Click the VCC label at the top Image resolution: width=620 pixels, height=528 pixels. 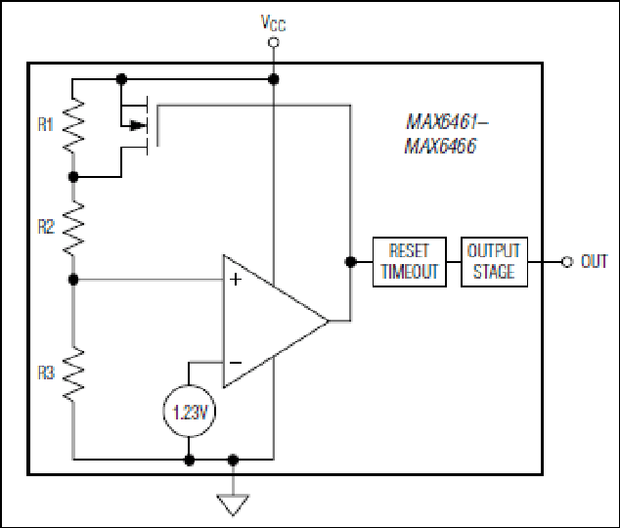[273, 22]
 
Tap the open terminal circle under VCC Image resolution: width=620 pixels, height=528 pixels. [273, 42]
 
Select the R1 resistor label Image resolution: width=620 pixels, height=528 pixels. [45, 124]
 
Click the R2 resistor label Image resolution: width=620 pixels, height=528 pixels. [46, 227]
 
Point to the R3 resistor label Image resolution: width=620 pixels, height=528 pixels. [46, 373]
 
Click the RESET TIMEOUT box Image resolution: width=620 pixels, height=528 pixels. [410, 262]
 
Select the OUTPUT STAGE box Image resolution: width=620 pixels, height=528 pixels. [494, 262]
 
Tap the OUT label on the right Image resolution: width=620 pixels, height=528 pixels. [594, 262]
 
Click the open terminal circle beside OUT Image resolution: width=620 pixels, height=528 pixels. [567, 262]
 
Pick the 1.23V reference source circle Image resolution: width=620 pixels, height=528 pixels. [190, 411]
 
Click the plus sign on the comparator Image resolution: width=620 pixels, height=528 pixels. [236, 280]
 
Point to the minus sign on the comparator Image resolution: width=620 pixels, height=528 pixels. [236, 363]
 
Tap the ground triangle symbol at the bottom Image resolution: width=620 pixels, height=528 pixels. [233, 505]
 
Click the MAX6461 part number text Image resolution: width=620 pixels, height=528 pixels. [447, 121]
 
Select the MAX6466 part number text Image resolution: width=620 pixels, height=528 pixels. [440, 146]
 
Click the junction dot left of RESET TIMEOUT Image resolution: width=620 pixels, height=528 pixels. [350, 262]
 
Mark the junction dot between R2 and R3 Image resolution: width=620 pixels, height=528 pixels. [73, 280]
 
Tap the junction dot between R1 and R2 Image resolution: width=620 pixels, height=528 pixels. [73, 177]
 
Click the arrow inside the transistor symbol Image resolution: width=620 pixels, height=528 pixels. [138, 126]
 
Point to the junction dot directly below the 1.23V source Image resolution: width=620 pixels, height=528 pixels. [190, 460]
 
